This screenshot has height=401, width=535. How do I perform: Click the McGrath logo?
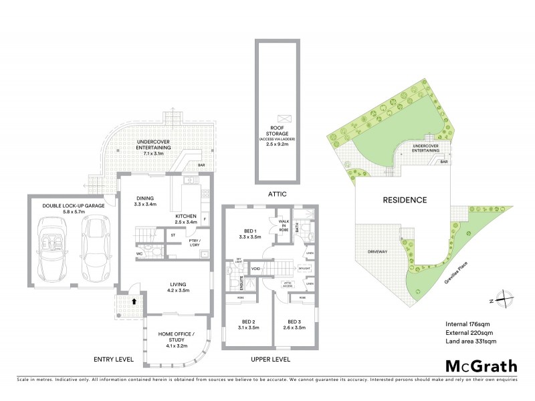(x=481, y=366)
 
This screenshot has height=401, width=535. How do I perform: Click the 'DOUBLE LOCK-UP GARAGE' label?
(x=74, y=206)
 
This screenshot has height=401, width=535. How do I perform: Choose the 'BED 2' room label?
(x=247, y=323)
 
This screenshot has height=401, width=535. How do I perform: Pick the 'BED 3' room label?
(x=296, y=323)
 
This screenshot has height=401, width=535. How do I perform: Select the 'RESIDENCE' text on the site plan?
(x=405, y=200)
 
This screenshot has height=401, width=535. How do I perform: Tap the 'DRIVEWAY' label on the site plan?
(x=379, y=251)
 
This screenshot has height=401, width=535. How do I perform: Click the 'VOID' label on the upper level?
(x=255, y=269)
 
